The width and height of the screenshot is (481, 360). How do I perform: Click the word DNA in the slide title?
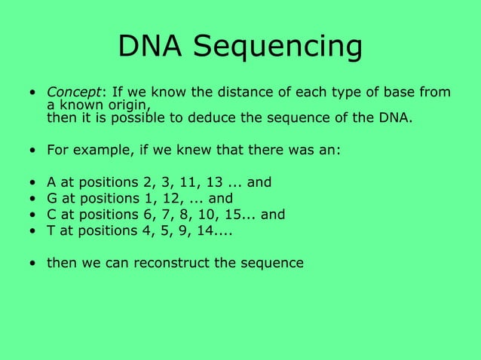(150, 47)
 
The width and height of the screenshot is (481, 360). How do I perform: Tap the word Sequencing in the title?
(277, 48)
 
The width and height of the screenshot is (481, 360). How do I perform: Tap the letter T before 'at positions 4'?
(51, 230)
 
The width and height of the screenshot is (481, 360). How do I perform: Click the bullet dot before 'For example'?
(32, 151)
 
